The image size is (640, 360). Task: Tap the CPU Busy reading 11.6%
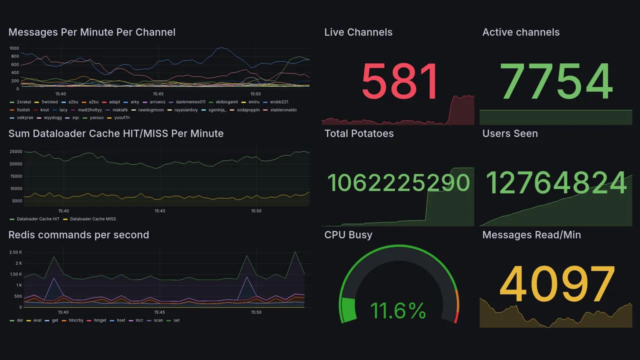[398, 310]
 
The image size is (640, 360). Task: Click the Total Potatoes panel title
[359, 133]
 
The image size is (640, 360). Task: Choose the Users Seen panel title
[510, 133]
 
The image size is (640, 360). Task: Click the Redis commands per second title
[78, 235]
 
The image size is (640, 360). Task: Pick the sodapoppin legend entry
[247, 110]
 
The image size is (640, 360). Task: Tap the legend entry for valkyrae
[25, 118]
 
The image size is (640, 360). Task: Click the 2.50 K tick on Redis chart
[15, 252]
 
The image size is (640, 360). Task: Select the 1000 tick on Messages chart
[14, 48]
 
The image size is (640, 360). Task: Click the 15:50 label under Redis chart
[256, 312]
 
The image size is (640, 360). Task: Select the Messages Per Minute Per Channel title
[92, 32]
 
